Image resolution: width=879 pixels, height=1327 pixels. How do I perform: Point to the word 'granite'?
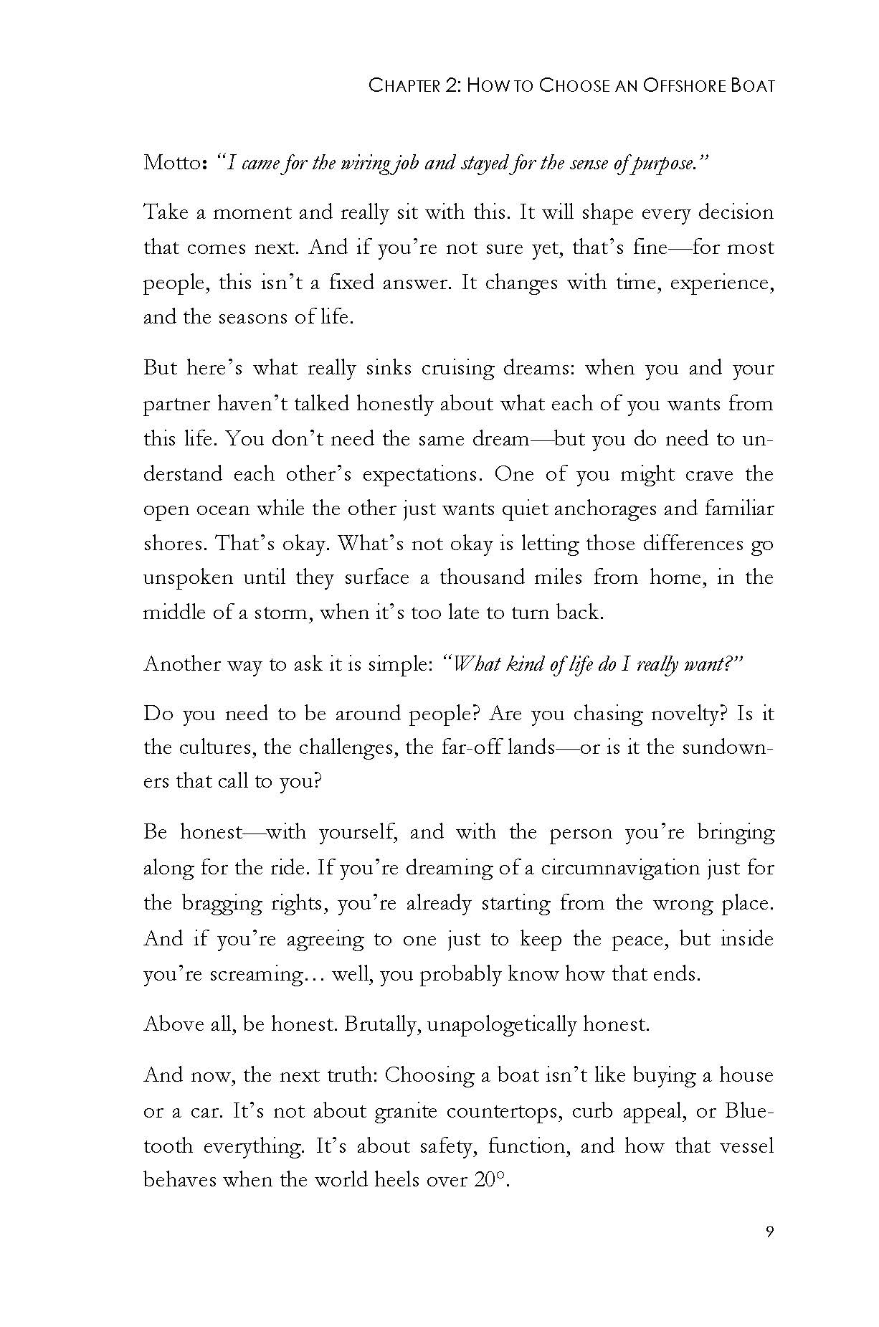pos(406,1112)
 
